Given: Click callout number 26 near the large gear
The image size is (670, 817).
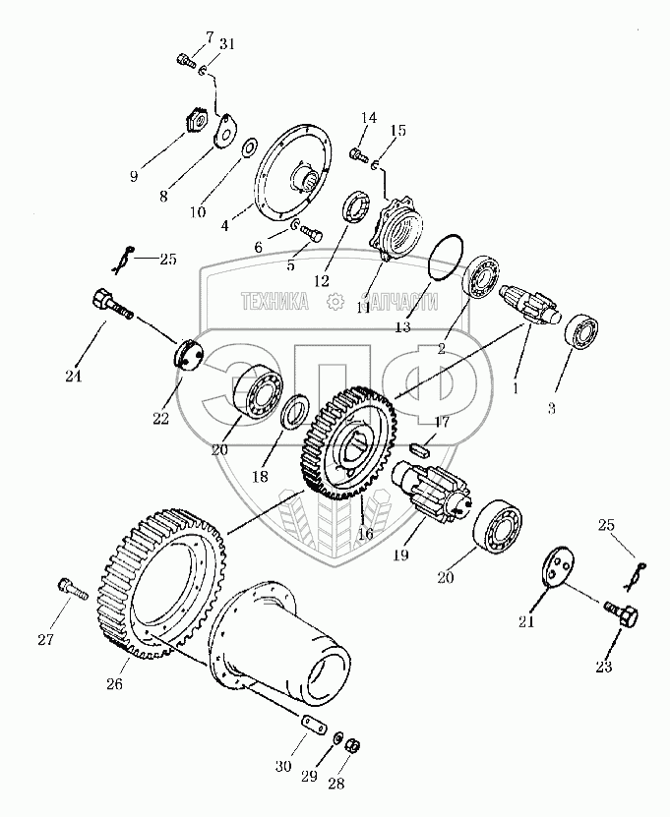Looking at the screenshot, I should (115, 683).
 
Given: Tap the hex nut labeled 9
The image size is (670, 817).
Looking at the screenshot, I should (194, 123).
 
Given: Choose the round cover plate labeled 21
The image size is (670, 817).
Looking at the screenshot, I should (558, 575).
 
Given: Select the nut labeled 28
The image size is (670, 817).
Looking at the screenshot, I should (354, 743).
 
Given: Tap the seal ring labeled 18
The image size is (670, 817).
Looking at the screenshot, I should (293, 413).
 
